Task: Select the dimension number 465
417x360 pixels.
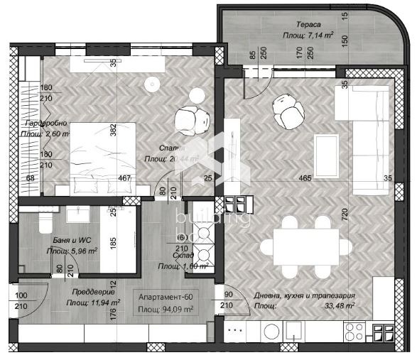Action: point(305,178)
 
